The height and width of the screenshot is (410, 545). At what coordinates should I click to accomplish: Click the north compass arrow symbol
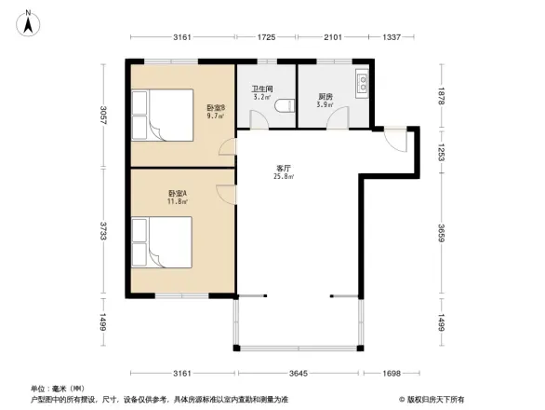(29, 21)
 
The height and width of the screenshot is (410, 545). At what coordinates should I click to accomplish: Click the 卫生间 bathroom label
(261, 90)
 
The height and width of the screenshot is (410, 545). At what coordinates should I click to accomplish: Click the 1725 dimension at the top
(266, 37)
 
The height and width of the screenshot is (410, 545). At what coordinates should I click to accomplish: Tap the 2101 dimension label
(332, 37)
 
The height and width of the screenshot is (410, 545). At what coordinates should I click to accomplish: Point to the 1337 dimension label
(391, 37)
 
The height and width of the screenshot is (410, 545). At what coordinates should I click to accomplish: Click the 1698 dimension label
(392, 373)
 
